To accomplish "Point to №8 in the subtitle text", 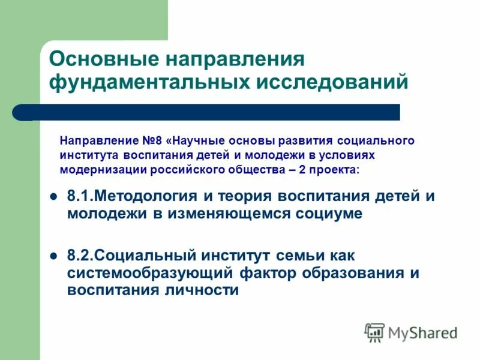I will click(x=155, y=141).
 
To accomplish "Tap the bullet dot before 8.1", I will click(x=53, y=196).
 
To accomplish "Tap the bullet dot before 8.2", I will click(x=53, y=256).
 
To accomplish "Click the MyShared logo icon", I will click(x=374, y=331).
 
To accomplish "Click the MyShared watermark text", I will click(x=422, y=332).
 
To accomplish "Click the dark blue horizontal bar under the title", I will click(x=210, y=112).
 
